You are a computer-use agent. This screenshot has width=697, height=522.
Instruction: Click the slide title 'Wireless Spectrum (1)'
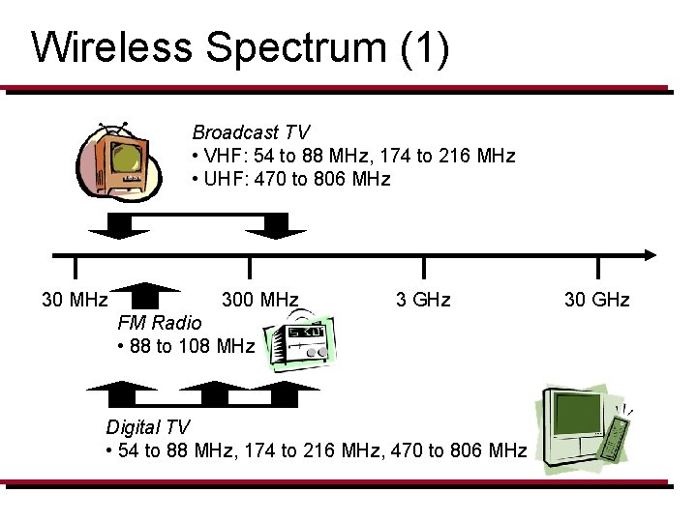(240, 47)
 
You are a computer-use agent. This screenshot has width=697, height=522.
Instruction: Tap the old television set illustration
(120, 163)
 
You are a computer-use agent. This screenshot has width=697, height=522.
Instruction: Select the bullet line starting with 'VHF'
(353, 156)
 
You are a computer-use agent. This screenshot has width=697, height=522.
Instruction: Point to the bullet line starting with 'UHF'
(290, 179)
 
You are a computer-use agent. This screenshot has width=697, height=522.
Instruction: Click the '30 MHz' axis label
(75, 300)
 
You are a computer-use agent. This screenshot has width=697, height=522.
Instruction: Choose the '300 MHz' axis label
(259, 300)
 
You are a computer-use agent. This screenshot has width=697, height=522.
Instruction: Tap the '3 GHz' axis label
(423, 300)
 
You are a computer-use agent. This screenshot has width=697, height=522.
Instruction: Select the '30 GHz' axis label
(596, 300)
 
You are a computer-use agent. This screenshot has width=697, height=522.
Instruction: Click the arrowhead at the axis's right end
(649, 255)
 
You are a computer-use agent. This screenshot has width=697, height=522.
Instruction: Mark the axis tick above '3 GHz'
(423, 266)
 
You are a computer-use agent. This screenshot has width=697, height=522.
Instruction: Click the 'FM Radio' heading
(160, 323)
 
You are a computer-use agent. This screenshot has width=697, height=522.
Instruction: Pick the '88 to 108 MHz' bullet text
(185, 345)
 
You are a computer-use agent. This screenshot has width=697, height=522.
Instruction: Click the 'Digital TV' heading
(148, 427)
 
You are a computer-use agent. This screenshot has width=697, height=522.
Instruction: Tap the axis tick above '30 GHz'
(597, 266)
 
